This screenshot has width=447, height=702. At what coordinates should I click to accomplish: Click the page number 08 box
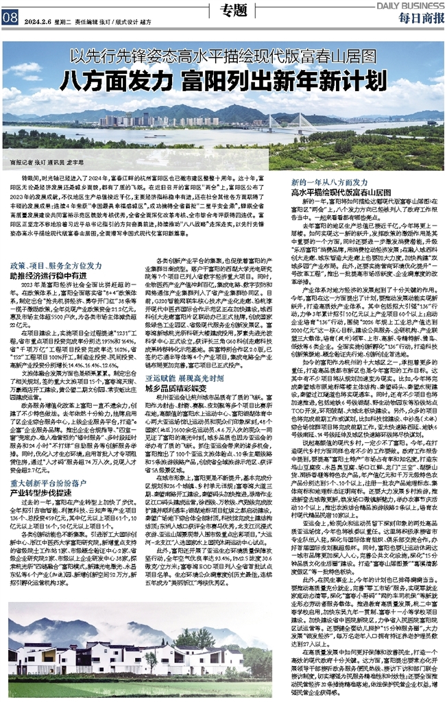(10, 19)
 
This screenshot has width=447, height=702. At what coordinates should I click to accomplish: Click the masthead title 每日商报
(418, 16)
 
